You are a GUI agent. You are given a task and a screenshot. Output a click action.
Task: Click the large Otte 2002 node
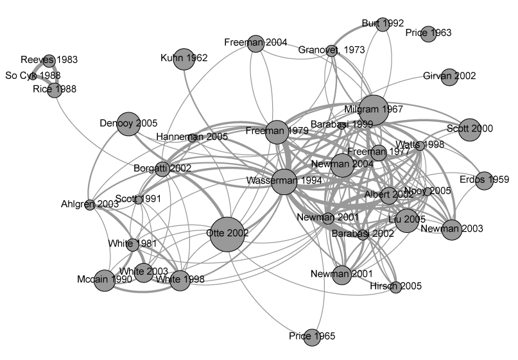(227, 234)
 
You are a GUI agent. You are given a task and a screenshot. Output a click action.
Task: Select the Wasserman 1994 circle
(284, 182)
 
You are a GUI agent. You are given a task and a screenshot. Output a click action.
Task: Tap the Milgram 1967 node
(374, 110)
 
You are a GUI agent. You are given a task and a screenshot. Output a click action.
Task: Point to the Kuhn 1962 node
(184, 59)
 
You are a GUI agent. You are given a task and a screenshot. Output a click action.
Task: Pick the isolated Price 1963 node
(429, 34)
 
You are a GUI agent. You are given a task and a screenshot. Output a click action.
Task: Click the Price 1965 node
(312, 337)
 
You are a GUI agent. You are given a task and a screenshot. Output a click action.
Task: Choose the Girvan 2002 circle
(449, 77)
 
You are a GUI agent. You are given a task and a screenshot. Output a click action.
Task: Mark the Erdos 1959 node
(485, 181)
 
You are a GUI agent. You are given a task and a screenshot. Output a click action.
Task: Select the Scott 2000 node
(469, 130)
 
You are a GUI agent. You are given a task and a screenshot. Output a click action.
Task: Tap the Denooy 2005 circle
(128, 124)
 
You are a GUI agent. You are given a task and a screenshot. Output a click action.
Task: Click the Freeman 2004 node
(255, 44)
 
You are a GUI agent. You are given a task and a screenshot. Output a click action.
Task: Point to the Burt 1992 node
(383, 24)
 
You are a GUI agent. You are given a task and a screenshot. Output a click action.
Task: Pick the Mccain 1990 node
(105, 280)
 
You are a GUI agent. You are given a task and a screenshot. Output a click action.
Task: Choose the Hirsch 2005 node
(395, 287)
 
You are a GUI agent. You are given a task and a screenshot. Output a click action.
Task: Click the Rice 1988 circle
(55, 90)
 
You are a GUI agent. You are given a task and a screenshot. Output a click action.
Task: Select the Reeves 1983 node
(49, 60)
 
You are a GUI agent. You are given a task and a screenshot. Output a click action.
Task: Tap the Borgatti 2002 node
(162, 169)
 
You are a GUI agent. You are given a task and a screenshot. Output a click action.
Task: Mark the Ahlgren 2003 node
(90, 205)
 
